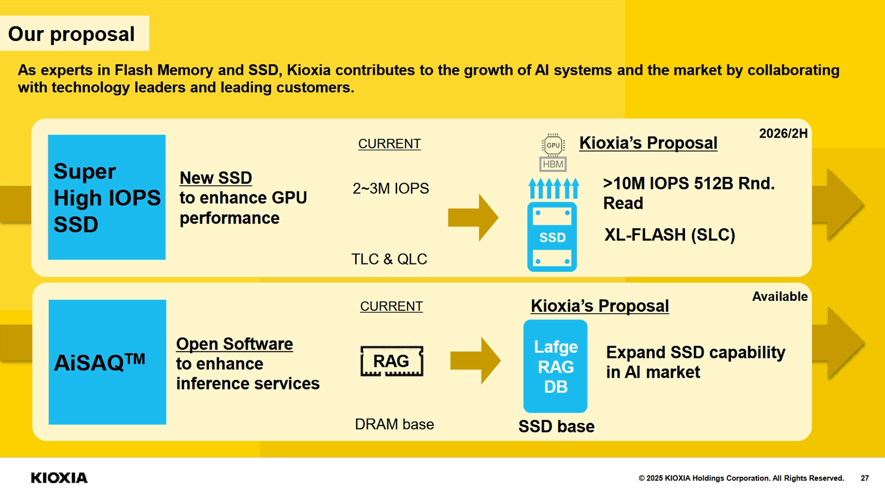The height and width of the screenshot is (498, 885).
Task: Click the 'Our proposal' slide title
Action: [72, 34]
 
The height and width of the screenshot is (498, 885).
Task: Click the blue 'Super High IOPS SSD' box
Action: [107, 197]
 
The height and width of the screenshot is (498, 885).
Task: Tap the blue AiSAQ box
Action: [107, 362]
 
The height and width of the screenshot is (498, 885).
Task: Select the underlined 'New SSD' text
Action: [216, 178]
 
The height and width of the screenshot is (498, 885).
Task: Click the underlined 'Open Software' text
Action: [234, 344]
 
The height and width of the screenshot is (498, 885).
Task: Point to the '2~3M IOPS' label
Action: [390, 188]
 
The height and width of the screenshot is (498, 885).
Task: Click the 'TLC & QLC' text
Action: [389, 259]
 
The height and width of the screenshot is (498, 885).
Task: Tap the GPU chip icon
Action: [553, 145]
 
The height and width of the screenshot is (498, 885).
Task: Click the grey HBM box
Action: [553, 164]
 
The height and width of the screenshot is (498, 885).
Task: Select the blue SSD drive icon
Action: [552, 237]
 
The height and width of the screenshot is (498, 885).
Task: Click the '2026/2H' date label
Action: [783, 134]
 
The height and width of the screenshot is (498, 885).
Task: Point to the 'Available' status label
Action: [780, 297]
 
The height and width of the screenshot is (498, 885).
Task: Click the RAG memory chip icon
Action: [391, 361]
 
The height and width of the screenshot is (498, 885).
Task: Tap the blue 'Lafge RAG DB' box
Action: [555, 366]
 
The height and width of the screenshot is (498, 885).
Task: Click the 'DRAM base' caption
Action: [394, 424]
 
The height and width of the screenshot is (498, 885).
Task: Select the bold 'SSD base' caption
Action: [556, 426]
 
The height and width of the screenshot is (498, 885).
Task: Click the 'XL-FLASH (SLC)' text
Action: [669, 235]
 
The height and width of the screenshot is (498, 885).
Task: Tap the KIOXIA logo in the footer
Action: [59, 478]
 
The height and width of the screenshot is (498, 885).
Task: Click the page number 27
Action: [864, 478]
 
